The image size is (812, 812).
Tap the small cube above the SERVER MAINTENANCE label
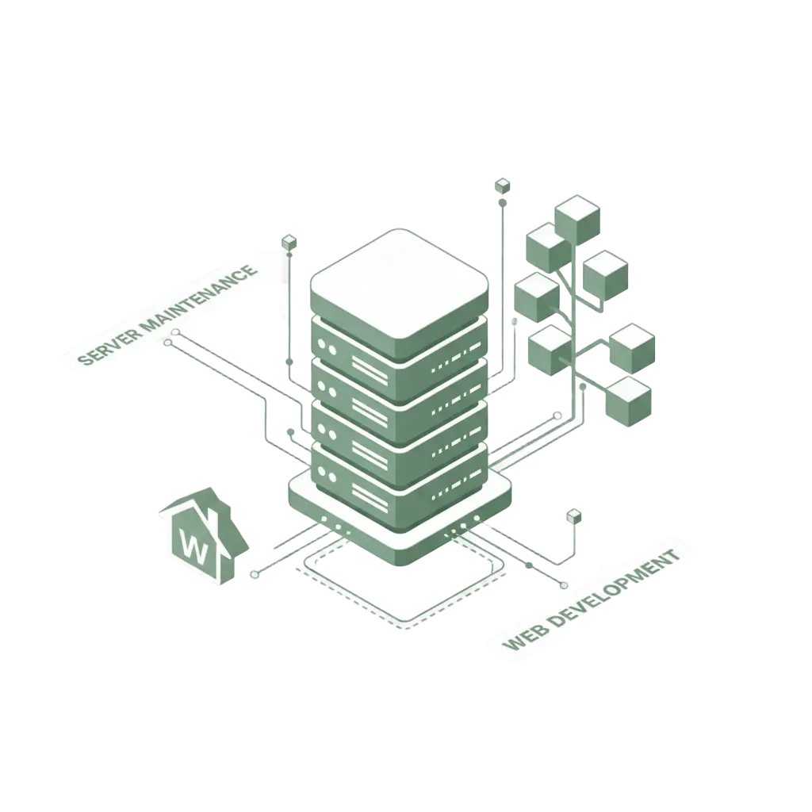pyautogui.click(x=289, y=241)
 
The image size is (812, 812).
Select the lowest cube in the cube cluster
pyautogui.click(x=627, y=401)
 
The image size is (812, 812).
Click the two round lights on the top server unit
pyautogui.click(x=327, y=348)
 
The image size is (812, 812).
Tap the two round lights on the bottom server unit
pyautogui.click(x=327, y=473)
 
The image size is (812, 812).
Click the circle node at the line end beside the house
pyautogui.click(x=254, y=573)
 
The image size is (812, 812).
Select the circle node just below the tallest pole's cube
pyautogui.click(x=503, y=204)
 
